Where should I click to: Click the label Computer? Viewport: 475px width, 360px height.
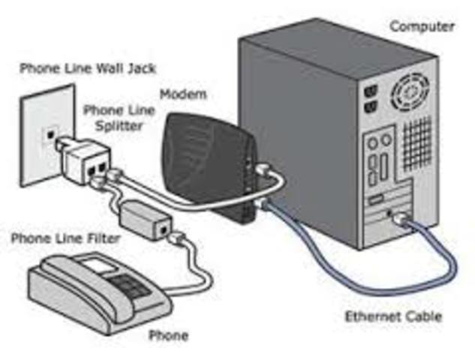(x=422, y=27)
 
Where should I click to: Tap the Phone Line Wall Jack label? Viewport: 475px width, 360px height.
(x=87, y=68)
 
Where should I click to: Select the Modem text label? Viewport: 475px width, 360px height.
(x=182, y=96)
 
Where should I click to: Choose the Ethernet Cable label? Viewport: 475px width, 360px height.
(x=392, y=316)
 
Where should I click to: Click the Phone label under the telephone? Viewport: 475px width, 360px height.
(x=169, y=334)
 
